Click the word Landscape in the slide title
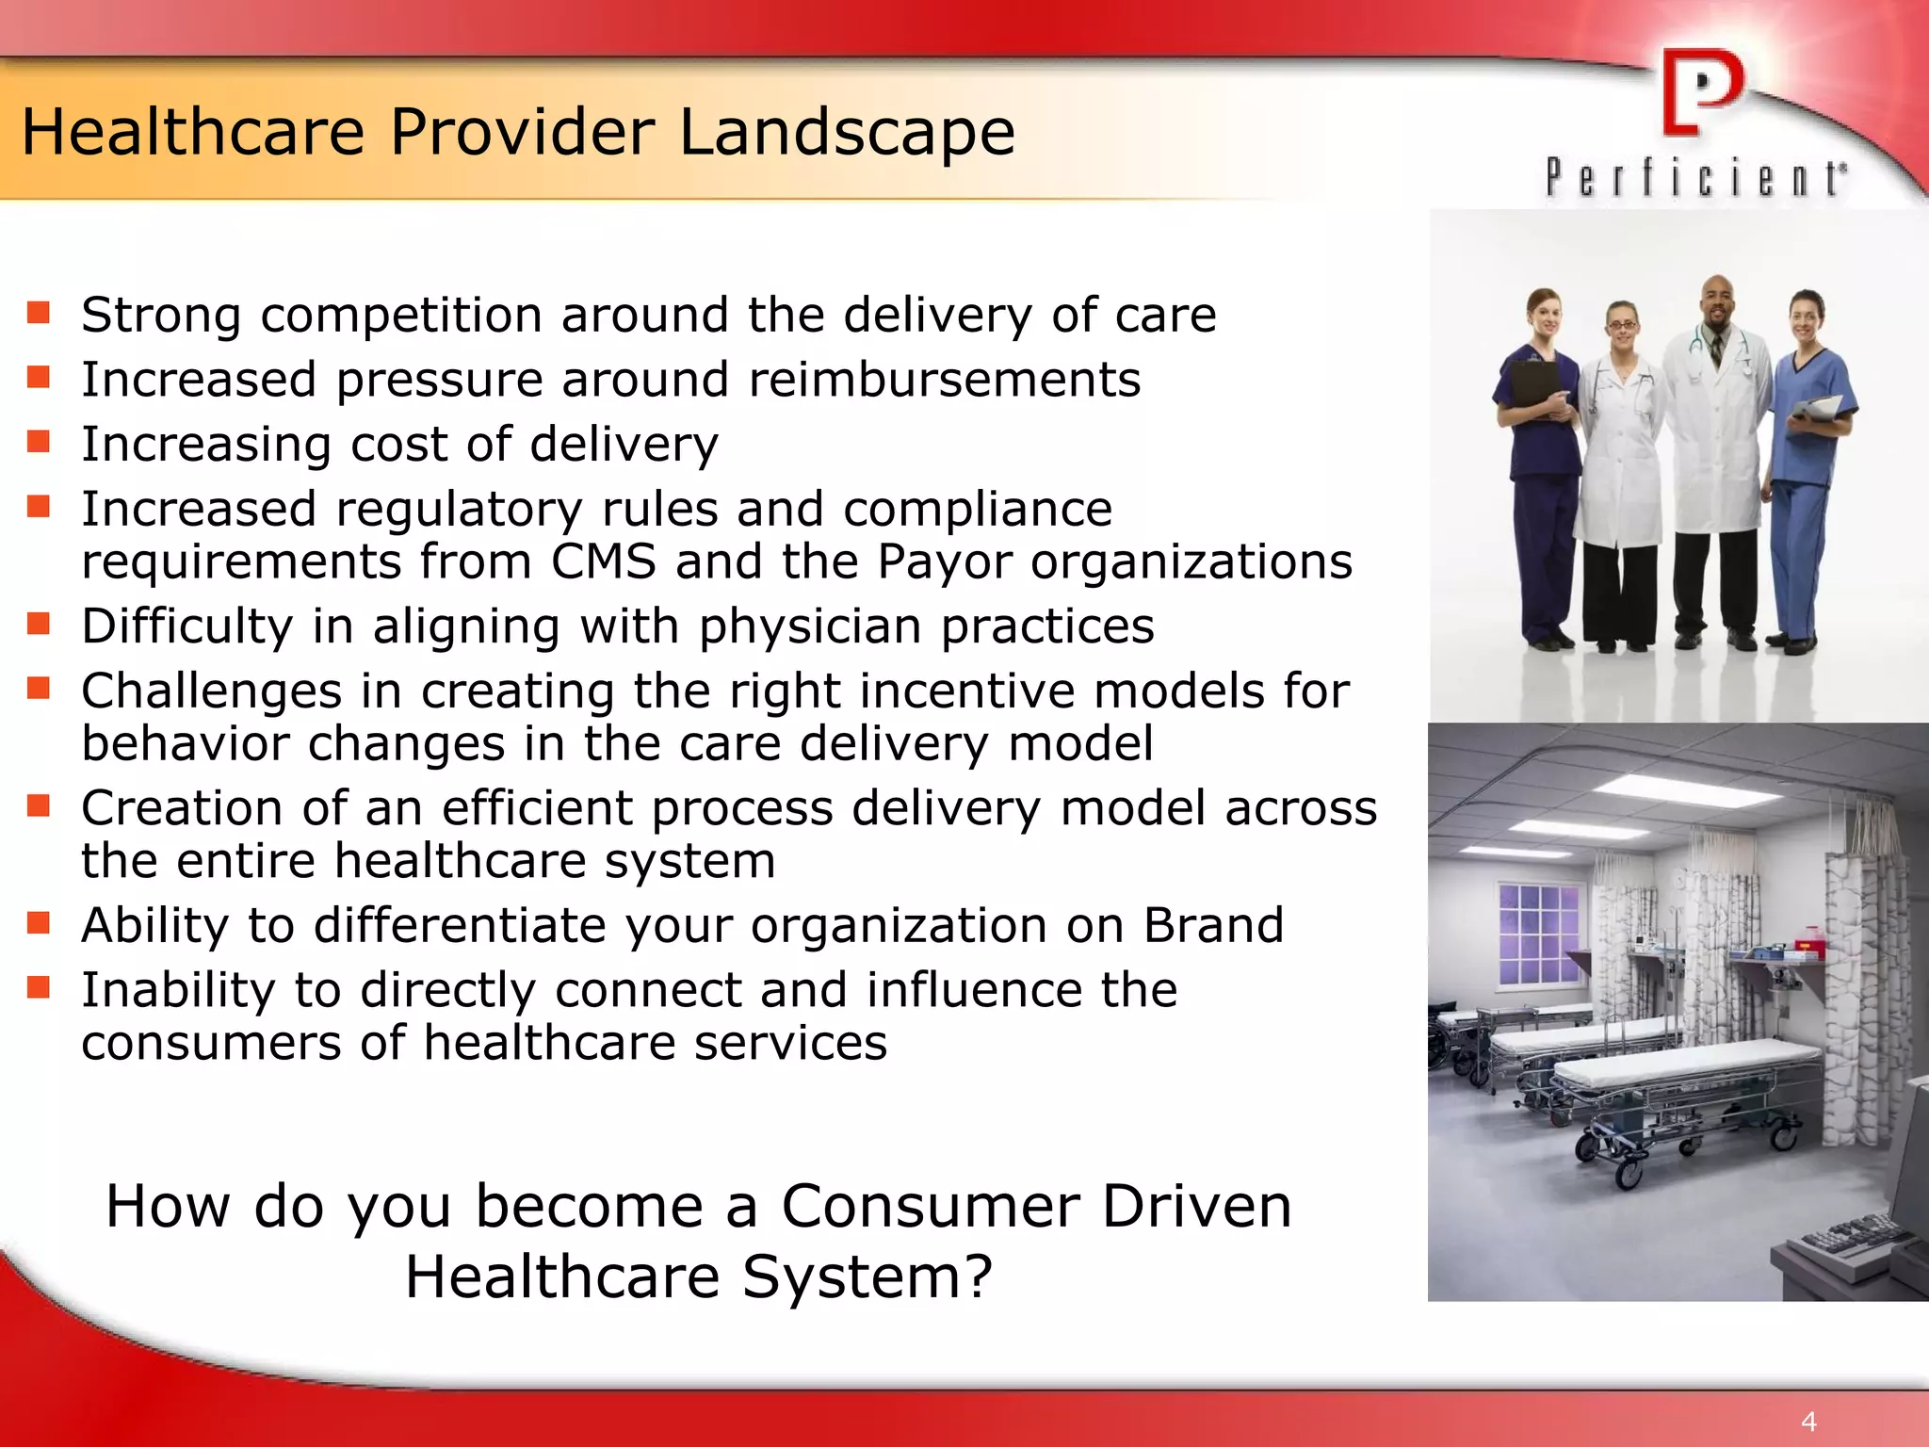(x=847, y=133)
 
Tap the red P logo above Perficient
(x=1701, y=92)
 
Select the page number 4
(x=1808, y=1421)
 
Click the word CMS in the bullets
(x=603, y=562)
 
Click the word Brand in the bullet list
(x=1213, y=925)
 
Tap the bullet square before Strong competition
(x=39, y=313)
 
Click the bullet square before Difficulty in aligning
(x=39, y=624)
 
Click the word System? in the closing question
(x=867, y=1276)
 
